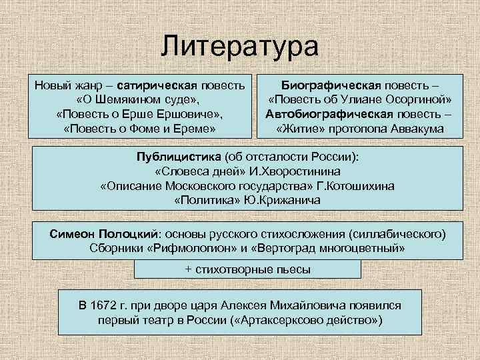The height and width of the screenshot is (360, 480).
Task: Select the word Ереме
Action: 195,128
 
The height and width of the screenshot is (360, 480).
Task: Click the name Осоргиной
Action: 417,100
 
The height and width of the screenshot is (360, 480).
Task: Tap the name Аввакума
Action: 417,128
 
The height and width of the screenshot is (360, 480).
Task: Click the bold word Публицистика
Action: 171,157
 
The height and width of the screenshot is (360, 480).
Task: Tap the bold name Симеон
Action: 74,235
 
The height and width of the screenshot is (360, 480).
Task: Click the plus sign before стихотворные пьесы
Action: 188,269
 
